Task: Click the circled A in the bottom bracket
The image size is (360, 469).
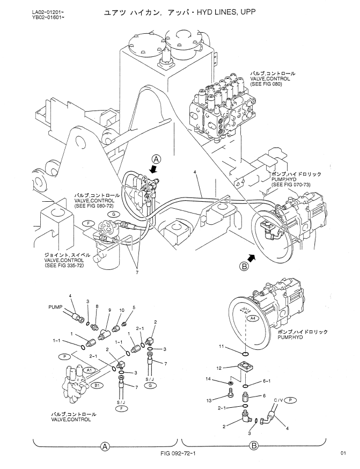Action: click(105, 446)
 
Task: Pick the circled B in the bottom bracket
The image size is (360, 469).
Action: click(254, 446)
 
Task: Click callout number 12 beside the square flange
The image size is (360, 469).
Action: click(219, 368)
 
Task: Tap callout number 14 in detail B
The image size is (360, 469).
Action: click(208, 379)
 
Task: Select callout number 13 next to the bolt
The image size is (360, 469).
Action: click(209, 400)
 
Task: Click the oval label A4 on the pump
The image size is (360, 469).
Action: click(253, 319)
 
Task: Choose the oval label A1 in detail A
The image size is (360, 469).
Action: click(89, 370)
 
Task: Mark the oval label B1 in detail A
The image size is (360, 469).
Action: click(97, 386)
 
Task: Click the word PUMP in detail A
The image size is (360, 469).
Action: click(55, 307)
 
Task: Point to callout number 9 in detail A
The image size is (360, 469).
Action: click(110, 310)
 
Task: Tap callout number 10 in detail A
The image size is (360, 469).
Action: click(122, 310)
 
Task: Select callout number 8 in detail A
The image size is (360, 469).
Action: click(97, 306)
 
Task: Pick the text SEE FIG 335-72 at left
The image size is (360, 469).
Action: click(64, 265)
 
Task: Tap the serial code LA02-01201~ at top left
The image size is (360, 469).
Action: click(48, 12)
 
